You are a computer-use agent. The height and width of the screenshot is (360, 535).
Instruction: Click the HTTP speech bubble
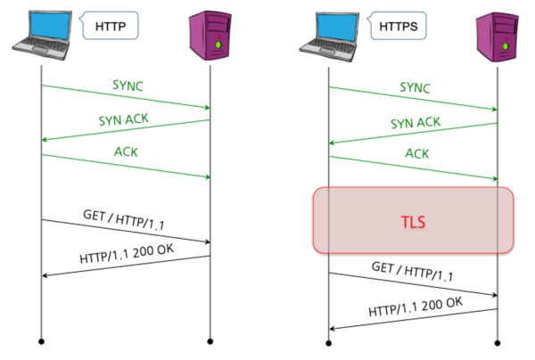point(113,27)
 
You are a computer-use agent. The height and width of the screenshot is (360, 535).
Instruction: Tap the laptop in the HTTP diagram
point(40,32)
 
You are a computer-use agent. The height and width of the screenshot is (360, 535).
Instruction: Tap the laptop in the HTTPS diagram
point(329,32)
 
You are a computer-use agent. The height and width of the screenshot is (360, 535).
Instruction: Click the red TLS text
point(413,219)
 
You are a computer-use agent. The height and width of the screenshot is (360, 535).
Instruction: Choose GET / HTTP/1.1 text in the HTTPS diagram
point(411,271)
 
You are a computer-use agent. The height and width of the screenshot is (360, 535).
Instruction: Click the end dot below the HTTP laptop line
point(41,340)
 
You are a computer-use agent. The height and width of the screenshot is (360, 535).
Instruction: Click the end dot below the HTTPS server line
point(498,340)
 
